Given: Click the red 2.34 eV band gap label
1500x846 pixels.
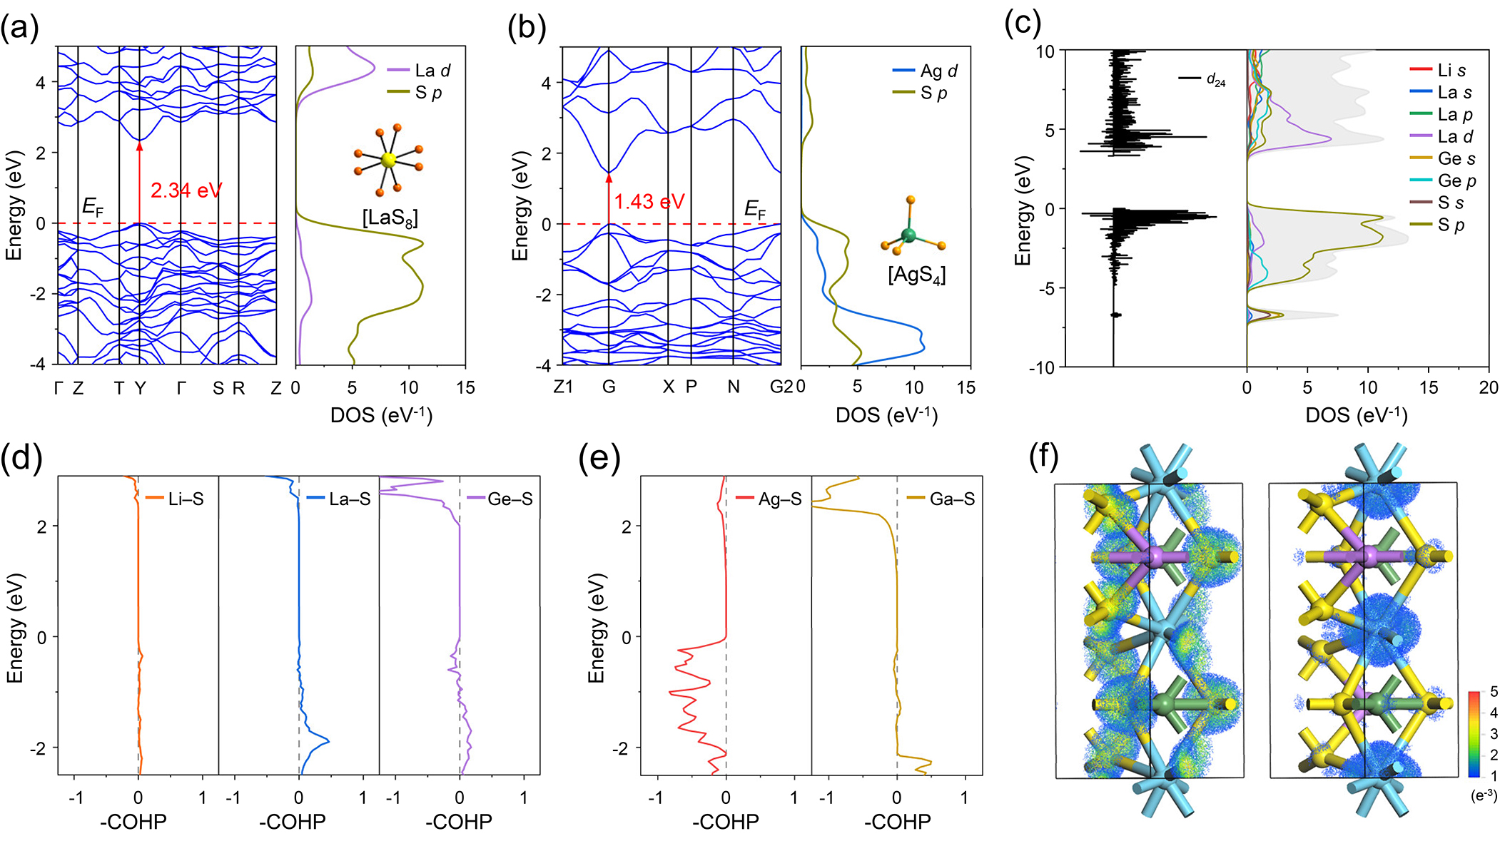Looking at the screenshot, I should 186,190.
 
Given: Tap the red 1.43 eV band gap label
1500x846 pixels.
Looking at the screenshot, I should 649,202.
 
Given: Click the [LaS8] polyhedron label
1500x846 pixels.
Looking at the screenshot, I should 390,217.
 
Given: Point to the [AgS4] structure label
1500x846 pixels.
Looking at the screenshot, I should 916,275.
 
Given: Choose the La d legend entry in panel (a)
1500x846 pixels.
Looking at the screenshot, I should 432,71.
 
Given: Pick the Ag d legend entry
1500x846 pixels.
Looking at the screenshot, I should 938,71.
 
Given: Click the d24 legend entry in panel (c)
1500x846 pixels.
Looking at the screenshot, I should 1215,80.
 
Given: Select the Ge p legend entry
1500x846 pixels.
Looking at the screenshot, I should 1456,181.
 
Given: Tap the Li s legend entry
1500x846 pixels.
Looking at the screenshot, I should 1451,71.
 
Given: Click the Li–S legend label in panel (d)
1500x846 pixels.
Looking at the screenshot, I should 186,499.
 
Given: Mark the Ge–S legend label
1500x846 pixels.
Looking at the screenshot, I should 510,499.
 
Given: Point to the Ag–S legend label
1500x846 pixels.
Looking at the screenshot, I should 779,499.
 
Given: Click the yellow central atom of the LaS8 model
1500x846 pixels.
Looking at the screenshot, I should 388,160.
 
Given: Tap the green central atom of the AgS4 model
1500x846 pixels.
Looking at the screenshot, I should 908,235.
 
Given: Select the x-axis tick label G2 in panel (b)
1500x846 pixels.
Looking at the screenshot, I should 781,387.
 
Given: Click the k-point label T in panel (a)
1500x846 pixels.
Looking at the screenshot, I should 119,388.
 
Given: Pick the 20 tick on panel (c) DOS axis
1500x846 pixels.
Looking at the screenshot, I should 1489,387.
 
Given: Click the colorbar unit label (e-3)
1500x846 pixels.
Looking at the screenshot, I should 1484,795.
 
